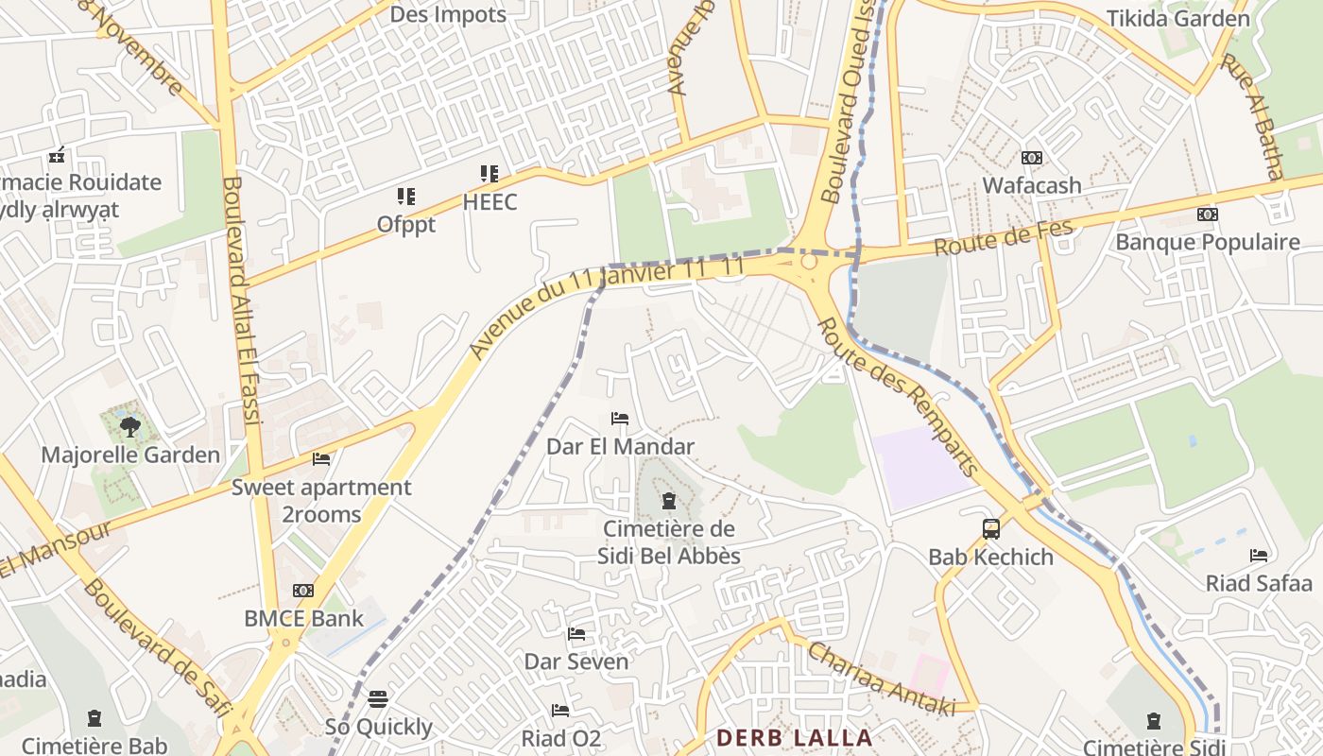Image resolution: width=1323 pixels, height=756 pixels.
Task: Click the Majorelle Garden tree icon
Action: [130, 426]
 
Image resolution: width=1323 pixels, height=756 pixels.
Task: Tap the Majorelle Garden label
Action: [130, 455]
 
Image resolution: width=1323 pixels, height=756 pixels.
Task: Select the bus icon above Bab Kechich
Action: [990, 529]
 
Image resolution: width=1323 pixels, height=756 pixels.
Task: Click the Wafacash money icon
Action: [1031, 158]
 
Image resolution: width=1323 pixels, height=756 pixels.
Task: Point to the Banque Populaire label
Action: [1207, 242]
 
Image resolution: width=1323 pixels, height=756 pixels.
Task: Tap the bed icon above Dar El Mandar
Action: [620, 419]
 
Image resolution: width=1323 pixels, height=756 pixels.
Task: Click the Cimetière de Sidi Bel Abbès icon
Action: [669, 500]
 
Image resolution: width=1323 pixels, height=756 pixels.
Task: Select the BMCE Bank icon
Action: [303, 591]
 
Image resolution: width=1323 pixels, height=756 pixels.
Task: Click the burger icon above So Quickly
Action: [378, 699]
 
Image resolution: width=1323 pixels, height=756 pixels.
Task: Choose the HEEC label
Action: [490, 201]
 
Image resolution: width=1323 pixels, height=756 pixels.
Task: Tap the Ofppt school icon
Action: [406, 197]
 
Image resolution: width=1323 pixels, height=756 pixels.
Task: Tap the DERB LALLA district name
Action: [794, 737]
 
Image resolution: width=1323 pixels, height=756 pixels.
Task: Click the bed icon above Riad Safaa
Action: [1259, 556]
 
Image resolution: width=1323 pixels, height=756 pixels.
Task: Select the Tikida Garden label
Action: [1177, 18]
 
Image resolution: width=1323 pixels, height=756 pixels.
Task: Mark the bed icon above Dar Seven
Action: [576, 634]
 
